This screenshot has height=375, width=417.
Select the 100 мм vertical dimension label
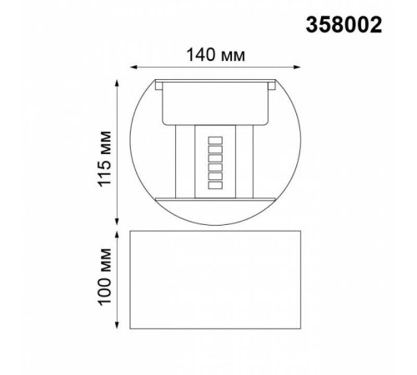[104, 278]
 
